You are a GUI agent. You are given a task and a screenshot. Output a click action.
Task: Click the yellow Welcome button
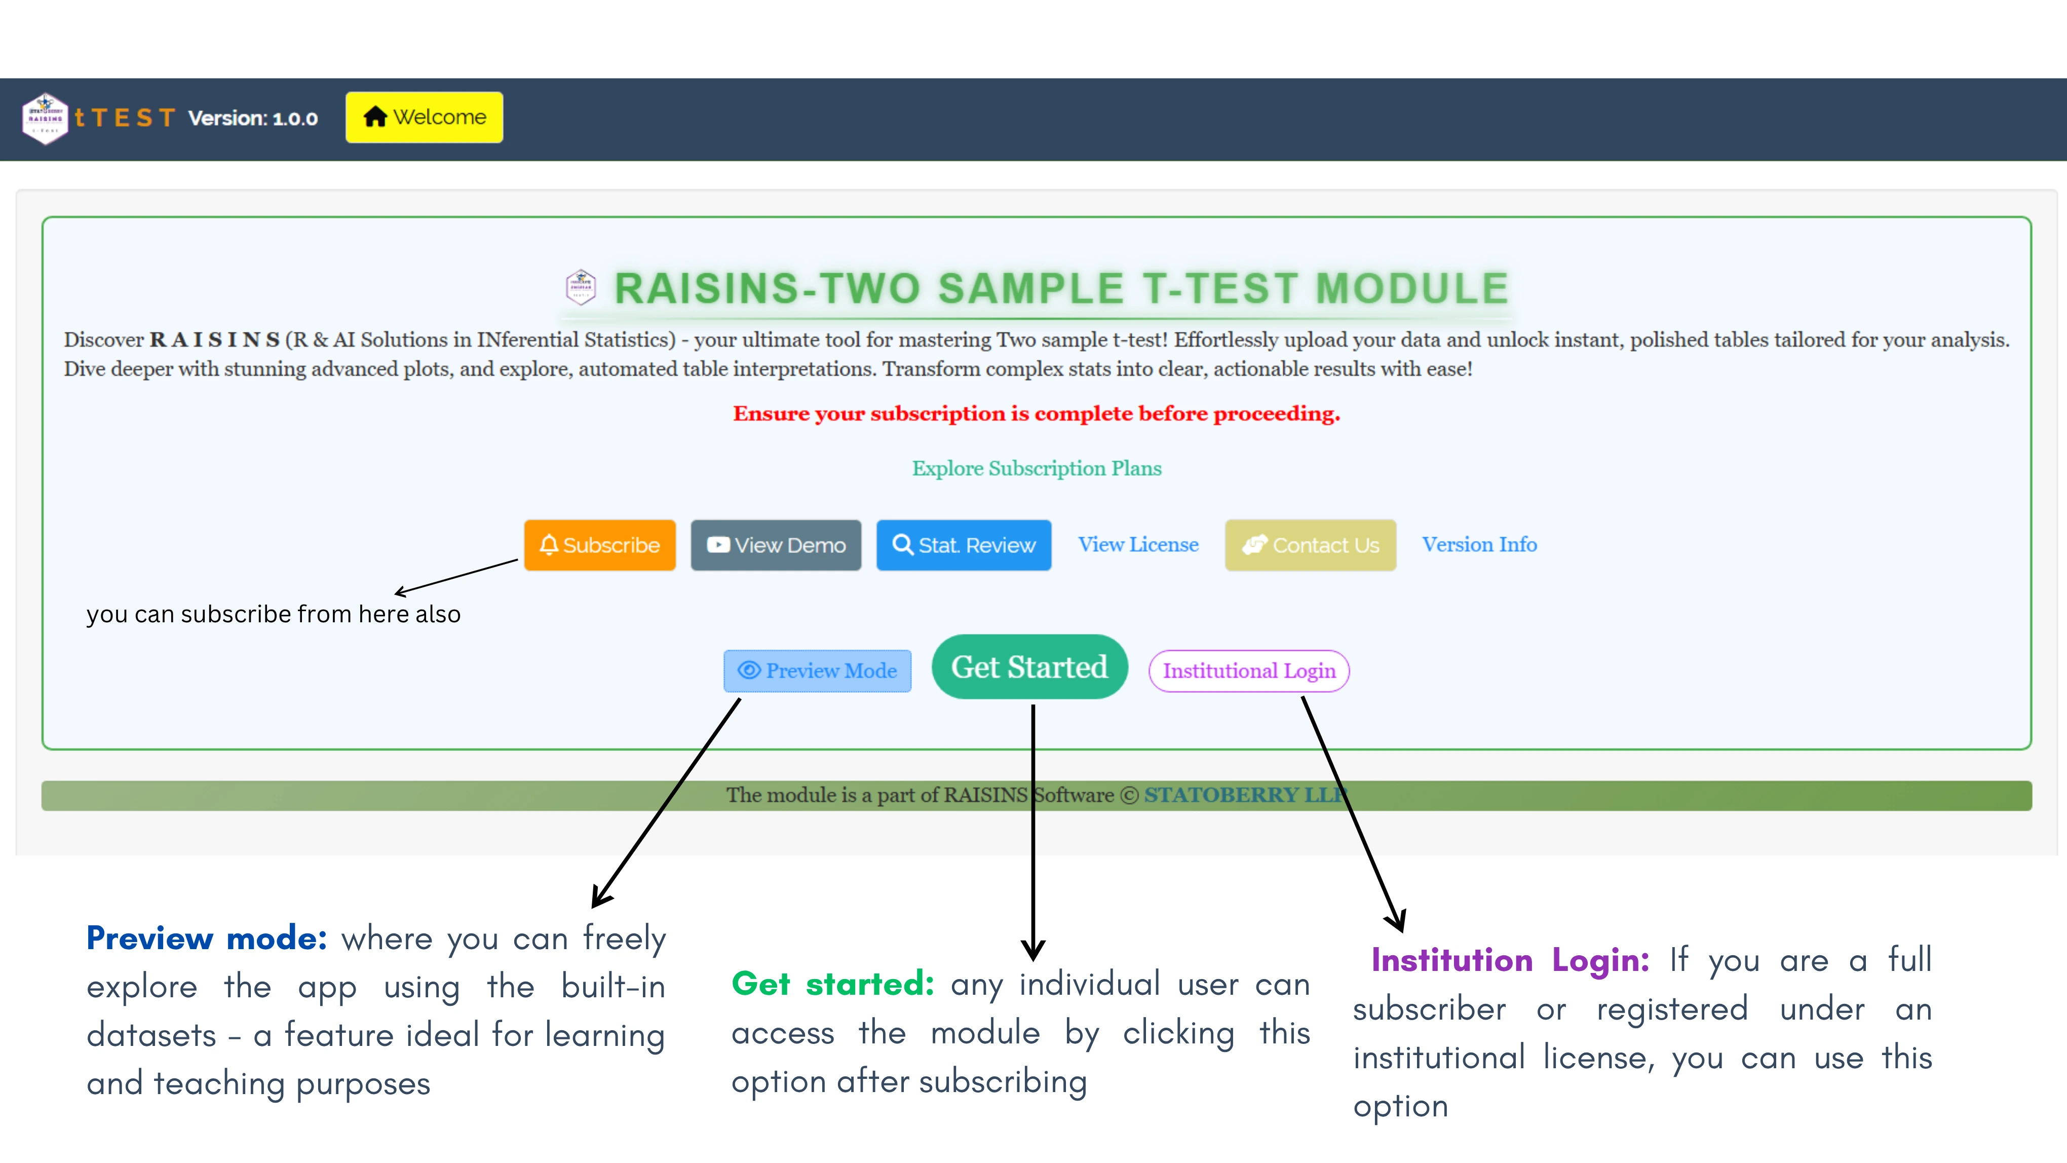coord(425,117)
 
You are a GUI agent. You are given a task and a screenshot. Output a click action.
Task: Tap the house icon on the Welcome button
coord(375,117)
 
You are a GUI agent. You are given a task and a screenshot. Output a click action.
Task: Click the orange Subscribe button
coord(599,545)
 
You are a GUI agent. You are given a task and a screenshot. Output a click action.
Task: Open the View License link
coord(1138,544)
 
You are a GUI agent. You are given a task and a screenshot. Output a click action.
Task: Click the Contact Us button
coord(1310,545)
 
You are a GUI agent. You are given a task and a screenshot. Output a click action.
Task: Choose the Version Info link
coord(1479,544)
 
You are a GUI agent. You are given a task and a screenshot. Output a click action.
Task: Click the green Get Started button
coord(1029,667)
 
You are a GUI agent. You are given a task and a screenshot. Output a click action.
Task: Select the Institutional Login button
coord(1248,670)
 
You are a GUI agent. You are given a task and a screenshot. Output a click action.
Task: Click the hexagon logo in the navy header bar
coord(45,118)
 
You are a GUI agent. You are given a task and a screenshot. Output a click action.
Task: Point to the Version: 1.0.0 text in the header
coord(253,119)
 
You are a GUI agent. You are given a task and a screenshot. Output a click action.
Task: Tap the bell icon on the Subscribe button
coord(549,545)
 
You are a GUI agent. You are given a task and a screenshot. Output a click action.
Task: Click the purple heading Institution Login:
coord(1509,960)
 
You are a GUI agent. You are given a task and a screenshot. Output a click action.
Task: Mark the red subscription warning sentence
coord(1036,414)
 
